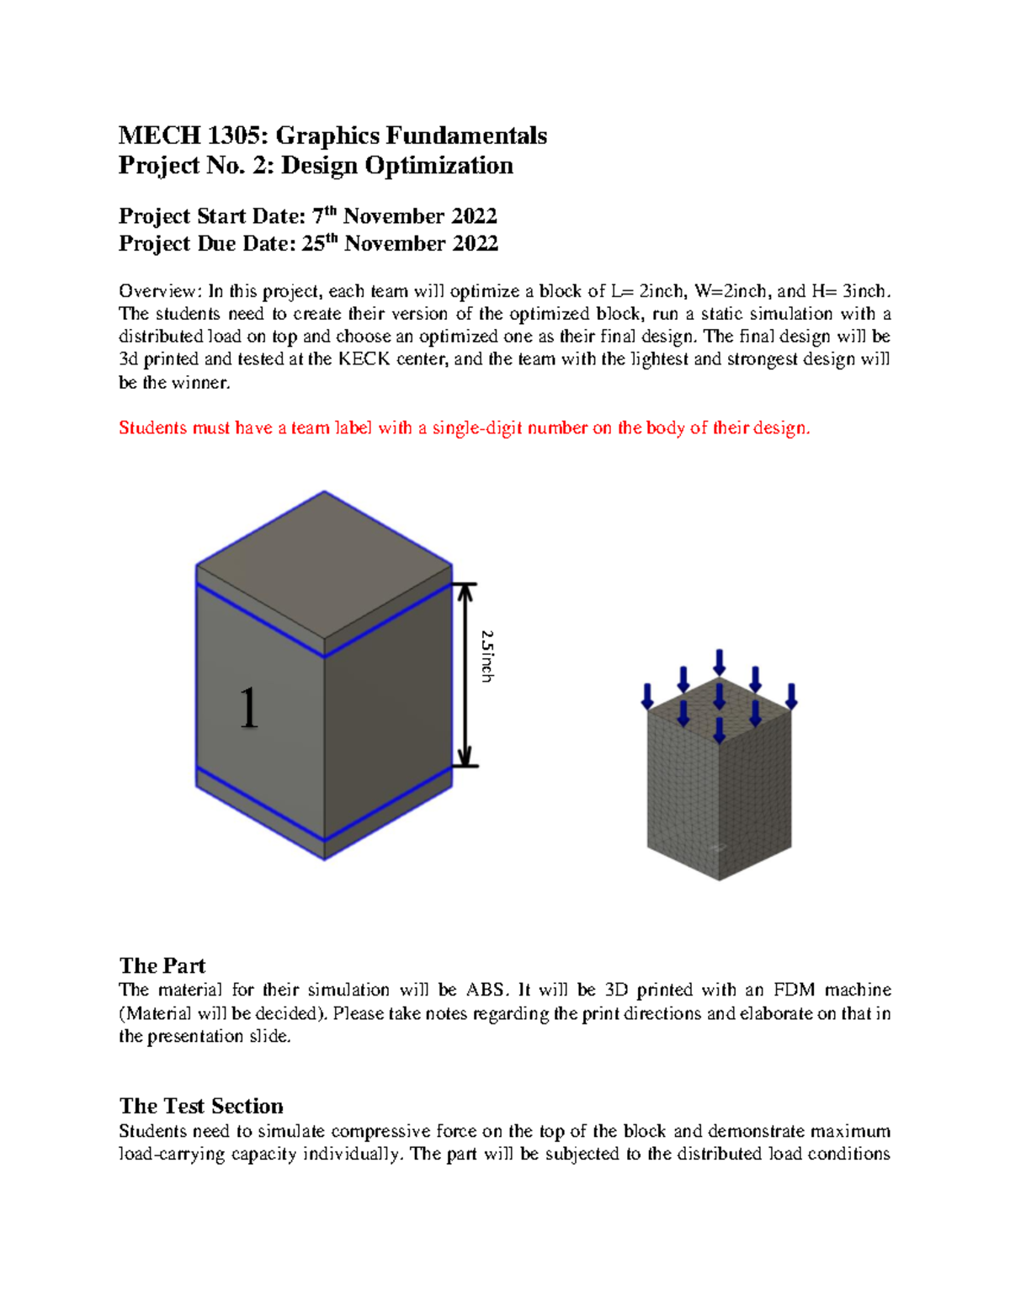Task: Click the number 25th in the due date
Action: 320,243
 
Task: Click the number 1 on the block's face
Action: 248,708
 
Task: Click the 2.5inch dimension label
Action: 487,656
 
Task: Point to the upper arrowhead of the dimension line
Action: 465,591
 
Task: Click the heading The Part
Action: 162,965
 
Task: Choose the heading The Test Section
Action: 201,1106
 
